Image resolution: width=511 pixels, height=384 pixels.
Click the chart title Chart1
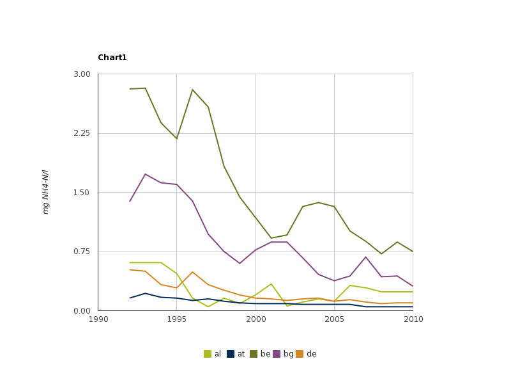pos(112,58)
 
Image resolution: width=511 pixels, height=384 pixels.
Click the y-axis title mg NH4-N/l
pos(45,192)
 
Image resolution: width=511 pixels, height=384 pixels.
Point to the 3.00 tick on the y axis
pos(82,74)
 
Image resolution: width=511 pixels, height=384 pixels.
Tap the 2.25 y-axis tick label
pos(82,133)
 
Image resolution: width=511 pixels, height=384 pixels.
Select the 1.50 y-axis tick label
pos(82,193)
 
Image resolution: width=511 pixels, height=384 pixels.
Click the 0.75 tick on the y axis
pos(82,252)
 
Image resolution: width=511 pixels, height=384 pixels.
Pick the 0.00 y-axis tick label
pos(82,311)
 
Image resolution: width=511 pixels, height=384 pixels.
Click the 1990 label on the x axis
pos(98,319)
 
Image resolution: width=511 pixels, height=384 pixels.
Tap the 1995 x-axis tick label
pos(177,319)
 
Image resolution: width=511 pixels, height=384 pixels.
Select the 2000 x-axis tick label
pos(256,319)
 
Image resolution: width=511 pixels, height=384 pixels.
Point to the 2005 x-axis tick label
pos(334,319)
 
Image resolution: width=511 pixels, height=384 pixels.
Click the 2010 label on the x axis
pos(413,319)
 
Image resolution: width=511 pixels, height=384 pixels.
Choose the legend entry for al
pos(213,354)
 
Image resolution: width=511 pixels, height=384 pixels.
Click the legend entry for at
pos(236,354)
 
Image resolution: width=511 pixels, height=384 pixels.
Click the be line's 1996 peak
pos(192,90)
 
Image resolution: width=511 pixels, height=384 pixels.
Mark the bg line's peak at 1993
pos(146,174)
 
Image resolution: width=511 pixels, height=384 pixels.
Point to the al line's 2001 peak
pos(271,284)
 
